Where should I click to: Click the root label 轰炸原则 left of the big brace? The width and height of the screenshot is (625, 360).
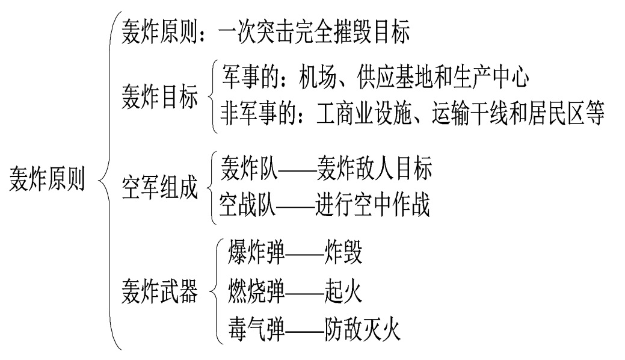47,179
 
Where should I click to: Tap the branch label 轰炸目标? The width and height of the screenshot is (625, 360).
159,98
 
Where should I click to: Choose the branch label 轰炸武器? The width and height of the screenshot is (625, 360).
159,290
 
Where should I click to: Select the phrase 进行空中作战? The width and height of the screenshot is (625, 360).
372,205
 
